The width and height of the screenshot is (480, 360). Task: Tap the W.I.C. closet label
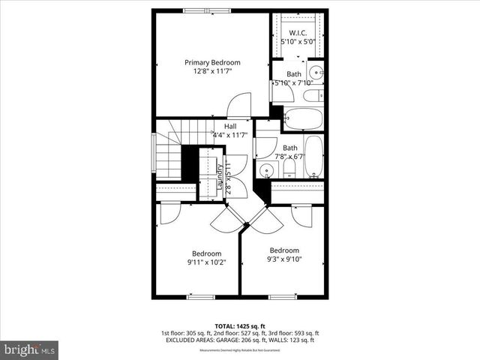pyautogui.click(x=298, y=34)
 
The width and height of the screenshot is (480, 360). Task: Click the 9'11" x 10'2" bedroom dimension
pyautogui.click(x=206, y=262)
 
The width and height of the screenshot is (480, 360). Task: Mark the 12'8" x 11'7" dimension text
pyautogui.click(x=212, y=72)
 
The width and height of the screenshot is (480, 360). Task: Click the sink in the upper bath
pyautogui.click(x=316, y=74)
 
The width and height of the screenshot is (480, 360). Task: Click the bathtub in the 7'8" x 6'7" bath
pyautogui.click(x=314, y=155)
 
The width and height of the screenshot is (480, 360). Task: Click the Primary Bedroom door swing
pyautogui.click(x=240, y=105)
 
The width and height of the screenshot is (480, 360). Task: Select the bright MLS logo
pyautogui.click(x=30, y=349)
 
